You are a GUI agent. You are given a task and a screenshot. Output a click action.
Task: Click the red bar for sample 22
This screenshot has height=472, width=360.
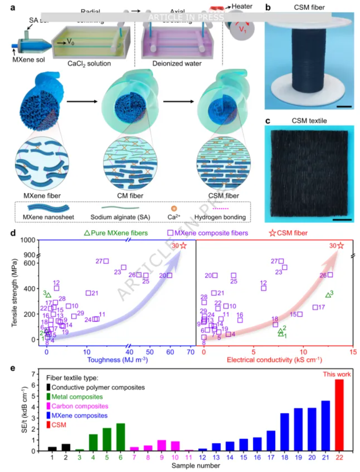tap(339, 415)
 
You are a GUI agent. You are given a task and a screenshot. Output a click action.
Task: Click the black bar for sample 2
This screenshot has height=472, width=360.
tap(66, 447)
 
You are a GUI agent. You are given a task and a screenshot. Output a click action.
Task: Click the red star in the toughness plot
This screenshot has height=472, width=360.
tap(183, 246)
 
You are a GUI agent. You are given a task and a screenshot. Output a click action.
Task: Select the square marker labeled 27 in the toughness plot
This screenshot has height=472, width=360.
tap(106, 261)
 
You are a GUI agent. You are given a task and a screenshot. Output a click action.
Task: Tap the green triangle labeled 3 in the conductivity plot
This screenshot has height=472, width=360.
tap(328, 295)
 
